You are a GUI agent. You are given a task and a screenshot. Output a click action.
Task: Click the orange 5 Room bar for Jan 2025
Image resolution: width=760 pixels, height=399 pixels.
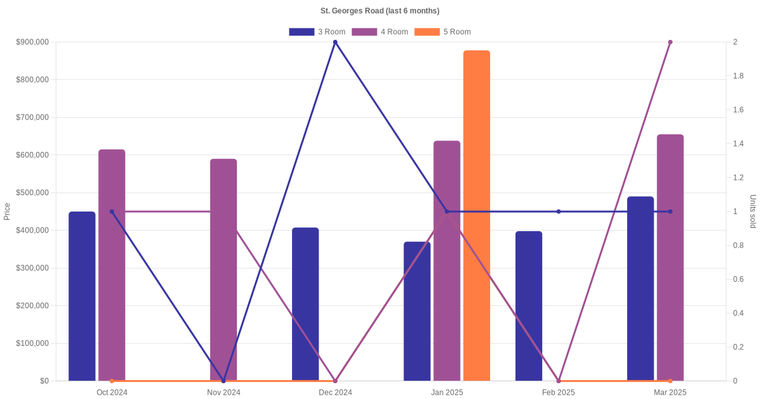click(x=476, y=215)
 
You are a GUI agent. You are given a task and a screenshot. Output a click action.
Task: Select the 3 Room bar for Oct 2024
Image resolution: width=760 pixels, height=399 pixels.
click(x=82, y=296)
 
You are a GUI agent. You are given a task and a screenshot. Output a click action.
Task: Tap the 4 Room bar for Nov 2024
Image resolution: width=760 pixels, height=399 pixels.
click(x=224, y=269)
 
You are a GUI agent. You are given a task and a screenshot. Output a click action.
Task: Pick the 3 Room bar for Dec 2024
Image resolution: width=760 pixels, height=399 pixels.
click(x=305, y=304)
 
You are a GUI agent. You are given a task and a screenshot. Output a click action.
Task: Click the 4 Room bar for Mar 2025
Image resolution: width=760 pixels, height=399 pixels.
click(x=670, y=257)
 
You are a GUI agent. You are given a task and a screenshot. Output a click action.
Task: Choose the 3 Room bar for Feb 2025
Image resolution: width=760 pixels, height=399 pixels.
click(x=529, y=306)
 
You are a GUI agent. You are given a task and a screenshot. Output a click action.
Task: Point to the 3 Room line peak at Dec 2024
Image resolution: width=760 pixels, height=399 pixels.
click(x=335, y=42)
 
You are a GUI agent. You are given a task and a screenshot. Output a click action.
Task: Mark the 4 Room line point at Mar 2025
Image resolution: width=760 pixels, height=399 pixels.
click(x=670, y=42)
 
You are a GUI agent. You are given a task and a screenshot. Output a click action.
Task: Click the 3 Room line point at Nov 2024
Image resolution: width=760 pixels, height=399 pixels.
click(x=224, y=381)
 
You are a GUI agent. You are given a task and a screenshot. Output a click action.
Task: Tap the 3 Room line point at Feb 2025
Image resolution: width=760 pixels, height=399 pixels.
click(x=559, y=212)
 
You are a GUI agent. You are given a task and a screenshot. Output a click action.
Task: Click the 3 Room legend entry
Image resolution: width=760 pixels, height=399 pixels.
click(x=317, y=32)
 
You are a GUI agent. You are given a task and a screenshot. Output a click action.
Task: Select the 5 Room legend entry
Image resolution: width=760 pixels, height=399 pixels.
click(x=442, y=32)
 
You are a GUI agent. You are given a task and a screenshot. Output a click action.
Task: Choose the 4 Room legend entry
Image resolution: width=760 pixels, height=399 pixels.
click(x=379, y=32)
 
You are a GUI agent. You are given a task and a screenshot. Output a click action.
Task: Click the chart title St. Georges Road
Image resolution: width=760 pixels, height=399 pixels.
click(x=380, y=11)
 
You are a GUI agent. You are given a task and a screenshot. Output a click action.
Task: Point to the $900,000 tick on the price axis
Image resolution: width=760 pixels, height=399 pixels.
click(x=32, y=42)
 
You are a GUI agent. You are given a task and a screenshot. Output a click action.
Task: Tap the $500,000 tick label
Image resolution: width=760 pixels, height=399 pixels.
click(x=32, y=193)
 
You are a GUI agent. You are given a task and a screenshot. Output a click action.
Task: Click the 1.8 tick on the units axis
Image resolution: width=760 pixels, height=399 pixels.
click(x=738, y=76)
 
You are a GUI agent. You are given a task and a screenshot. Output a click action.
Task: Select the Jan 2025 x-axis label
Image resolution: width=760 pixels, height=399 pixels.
click(x=447, y=393)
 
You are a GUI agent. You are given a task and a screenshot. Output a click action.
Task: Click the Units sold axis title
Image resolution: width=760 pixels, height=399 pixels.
click(x=753, y=212)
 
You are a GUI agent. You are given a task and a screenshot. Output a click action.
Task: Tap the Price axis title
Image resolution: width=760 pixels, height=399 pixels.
click(x=7, y=212)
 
